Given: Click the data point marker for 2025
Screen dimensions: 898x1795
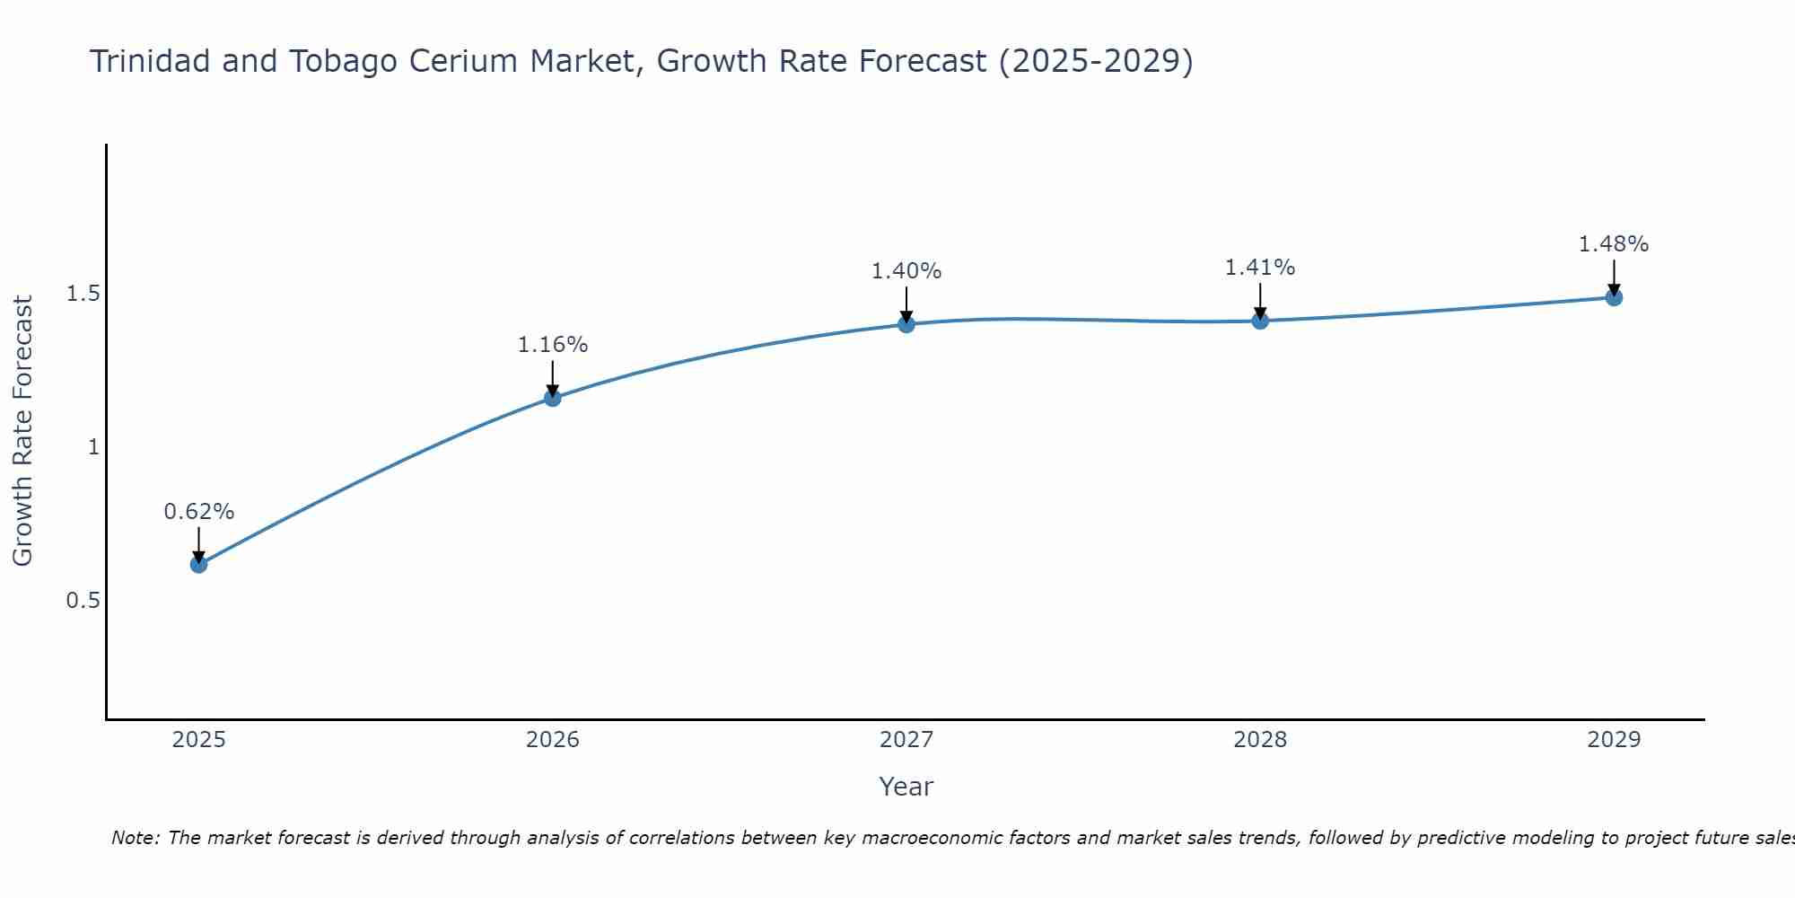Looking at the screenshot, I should tap(198, 564).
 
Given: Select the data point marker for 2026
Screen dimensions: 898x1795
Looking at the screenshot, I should tap(553, 398).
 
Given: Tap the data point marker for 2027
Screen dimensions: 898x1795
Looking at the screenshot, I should tap(906, 324).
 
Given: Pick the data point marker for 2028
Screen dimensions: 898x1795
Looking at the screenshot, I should tap(1260, 321).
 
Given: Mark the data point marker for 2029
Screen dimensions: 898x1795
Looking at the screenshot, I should tap(1614, 297).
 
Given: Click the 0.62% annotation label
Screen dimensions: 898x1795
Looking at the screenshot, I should tap(198, 512).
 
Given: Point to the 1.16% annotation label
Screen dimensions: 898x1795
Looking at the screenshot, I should tap(553, 345).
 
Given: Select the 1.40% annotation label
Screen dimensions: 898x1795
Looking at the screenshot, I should tap(906, 271).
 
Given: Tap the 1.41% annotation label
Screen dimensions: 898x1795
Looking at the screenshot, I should tap(1260, 268).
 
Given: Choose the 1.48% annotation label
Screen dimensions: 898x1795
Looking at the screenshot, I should tap(1614, 244).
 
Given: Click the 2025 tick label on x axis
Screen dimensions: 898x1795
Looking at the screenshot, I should tap(198, 740).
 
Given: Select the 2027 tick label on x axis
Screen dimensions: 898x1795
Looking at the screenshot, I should tap(906, 740).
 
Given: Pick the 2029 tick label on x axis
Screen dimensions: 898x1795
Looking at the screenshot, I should tap(1614, 740).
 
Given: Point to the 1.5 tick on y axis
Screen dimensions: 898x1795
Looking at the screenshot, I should tap(83, 294).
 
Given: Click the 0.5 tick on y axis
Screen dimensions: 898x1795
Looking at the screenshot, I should tap(83, 600).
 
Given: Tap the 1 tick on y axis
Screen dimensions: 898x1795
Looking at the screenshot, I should tap(92, 446).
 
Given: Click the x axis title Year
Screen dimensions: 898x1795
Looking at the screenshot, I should tap(906, 787).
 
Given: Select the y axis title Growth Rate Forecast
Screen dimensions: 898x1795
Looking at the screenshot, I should tap(22, 431).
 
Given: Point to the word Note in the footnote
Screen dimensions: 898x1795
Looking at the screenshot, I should tap(135, 838).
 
